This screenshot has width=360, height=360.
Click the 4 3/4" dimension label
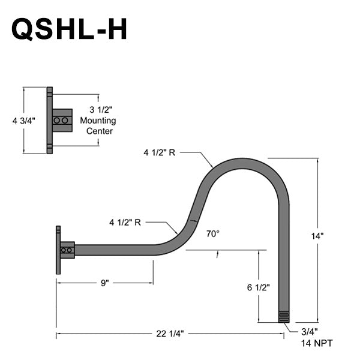24,121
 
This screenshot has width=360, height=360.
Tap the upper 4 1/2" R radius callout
159,153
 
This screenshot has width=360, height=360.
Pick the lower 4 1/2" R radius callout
125,222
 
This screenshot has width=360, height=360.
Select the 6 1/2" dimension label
258,287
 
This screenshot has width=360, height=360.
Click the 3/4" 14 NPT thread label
316,337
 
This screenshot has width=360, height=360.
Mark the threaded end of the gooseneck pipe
284,317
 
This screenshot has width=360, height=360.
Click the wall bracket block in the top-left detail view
62,120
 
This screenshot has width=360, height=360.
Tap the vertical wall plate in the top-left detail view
50,120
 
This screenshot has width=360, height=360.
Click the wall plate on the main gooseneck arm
58,250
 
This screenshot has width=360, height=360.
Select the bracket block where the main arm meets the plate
67,250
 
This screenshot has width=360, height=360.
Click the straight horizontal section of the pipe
114,250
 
